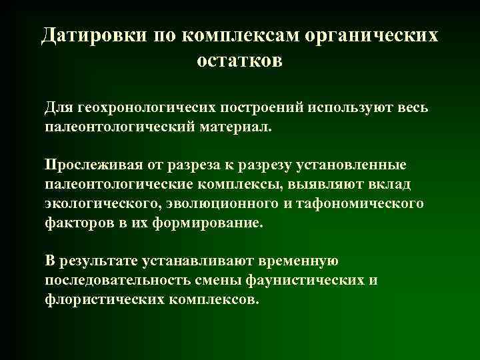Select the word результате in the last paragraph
(x=98, y=260)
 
